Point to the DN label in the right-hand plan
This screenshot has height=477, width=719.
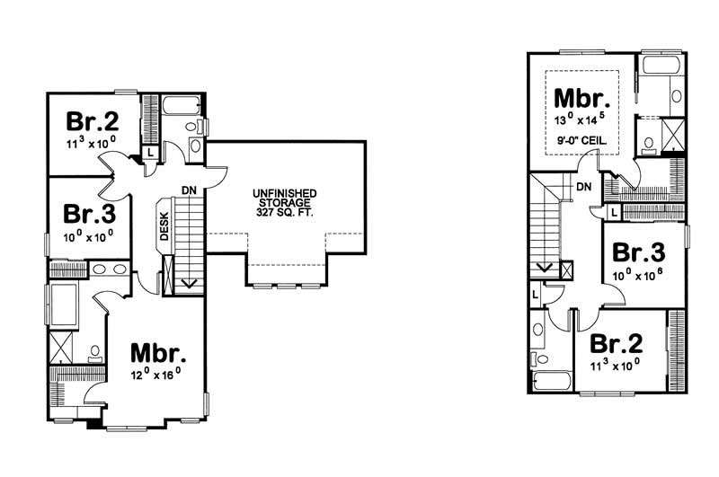coord(583,187)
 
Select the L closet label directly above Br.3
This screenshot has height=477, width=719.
coord(612,212)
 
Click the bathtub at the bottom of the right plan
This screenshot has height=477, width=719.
coord(550,382)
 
